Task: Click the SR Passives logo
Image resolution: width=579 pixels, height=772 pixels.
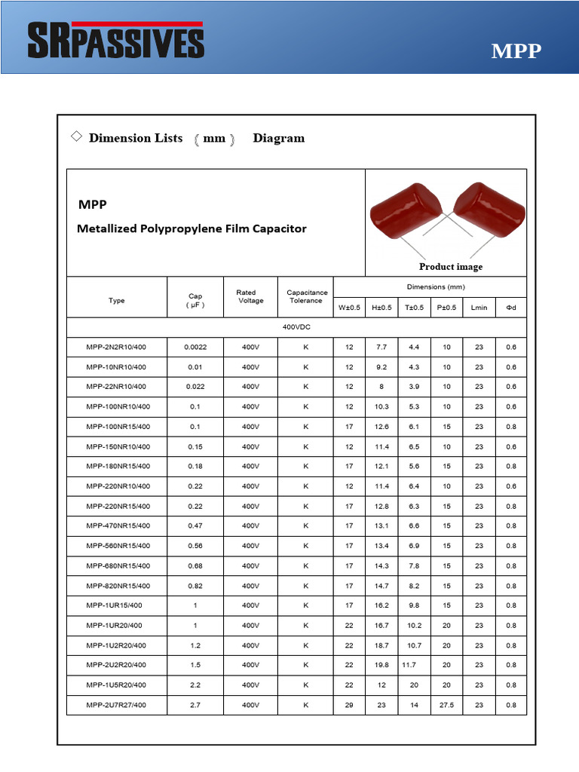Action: coord(115,40)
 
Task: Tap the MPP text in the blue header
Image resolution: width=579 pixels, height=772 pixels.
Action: coord(516,51)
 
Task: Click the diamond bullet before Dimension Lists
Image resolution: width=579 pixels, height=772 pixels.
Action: coord(76,136)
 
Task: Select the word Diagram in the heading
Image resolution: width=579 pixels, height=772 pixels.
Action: coord(279,138)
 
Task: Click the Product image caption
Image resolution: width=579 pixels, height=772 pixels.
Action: coord(451,266)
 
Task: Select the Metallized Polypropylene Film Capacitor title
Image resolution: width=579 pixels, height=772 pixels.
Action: coord(191,228)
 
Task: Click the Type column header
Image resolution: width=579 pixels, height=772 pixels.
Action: coord(117,301)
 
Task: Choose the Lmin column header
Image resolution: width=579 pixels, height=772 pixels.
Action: coord(479,308)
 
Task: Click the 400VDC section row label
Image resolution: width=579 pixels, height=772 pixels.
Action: coord(296,328)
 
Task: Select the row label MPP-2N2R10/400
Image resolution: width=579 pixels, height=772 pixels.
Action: coord(117,347)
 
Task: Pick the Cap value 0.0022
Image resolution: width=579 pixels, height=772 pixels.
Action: coord(195,347)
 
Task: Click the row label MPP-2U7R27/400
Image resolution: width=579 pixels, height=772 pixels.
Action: coord(117,705)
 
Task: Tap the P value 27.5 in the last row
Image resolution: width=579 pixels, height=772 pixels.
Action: coord(446,705)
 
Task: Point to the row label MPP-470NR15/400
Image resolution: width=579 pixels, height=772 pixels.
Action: coord(117,526)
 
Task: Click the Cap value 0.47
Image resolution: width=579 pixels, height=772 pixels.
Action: coord(195,526)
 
